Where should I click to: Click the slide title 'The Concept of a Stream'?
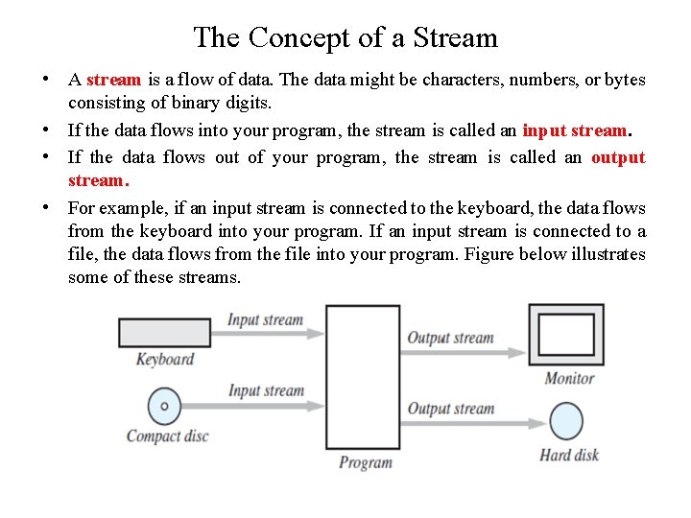345,37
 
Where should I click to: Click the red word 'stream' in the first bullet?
113,80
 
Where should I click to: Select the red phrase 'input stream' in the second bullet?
574,129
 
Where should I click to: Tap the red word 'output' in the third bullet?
618,157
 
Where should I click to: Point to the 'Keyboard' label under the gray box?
164,360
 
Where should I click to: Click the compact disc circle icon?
164,406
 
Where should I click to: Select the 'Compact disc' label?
167,436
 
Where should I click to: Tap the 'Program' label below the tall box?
365,462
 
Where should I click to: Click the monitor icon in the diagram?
566,334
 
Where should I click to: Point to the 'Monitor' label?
569,378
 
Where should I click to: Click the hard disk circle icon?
566,422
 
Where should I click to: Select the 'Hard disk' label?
569,454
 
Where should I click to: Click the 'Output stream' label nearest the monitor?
450,338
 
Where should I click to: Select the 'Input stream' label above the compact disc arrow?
266,390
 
